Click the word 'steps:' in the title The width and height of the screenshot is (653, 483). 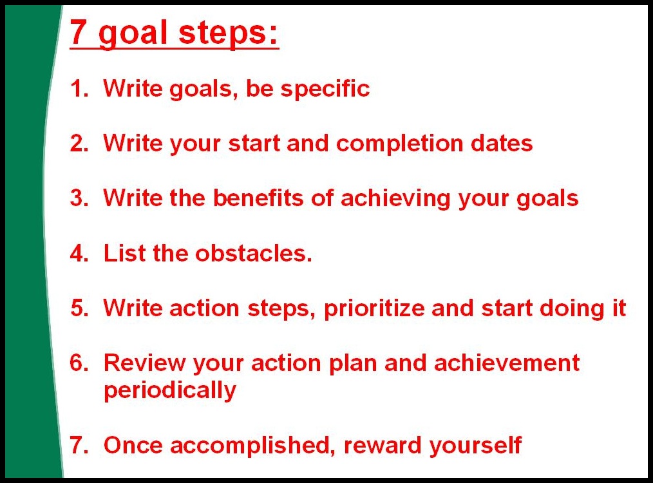pyautogui.click(x=228, y=34)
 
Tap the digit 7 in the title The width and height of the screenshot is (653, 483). pyautogui.click(x=78, y=32)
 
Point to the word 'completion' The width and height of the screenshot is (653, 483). pyautogui.click(x=399, y=144)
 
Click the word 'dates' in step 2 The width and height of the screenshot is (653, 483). pyautogui.click(x=502, y=143)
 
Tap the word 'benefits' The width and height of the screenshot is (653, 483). pyautogui.click(x=258, y=198)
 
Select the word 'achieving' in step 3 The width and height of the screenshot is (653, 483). pyautogui.click(x=395, y=199)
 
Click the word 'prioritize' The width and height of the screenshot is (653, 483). pyautogui.click(x=374, y=309)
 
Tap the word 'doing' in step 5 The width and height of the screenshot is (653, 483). pyautogui.click(x=572, y=309)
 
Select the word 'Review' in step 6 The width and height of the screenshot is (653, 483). pyautogui.click(x=144, y=363)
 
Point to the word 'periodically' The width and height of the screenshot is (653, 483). pyautogui.click(x=170, y=391)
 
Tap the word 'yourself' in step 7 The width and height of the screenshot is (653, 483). pyautogui.click(x=475, y=446)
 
